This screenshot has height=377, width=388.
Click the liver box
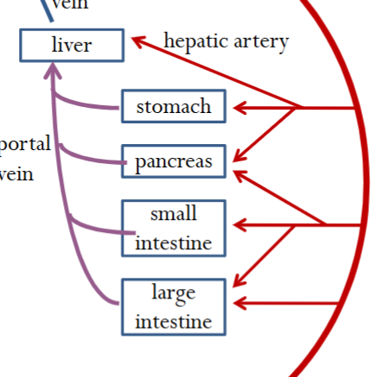coord(71,45)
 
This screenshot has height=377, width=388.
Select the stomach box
coord(173,107)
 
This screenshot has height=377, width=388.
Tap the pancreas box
coord(173,161)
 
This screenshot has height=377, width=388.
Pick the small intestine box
coord(173,228)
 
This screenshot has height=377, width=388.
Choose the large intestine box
coord(173,307)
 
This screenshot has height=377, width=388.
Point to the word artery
coord(258,41)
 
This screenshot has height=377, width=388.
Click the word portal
coord(26,143)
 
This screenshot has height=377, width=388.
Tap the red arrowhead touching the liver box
coord(136,39)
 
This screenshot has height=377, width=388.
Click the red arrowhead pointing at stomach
coord(235,108)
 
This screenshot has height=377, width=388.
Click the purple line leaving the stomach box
coord(95,106)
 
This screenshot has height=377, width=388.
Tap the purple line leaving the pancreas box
coord(95,160)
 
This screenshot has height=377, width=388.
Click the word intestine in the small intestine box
coord(173,242)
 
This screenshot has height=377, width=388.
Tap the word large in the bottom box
coord(173,293)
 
